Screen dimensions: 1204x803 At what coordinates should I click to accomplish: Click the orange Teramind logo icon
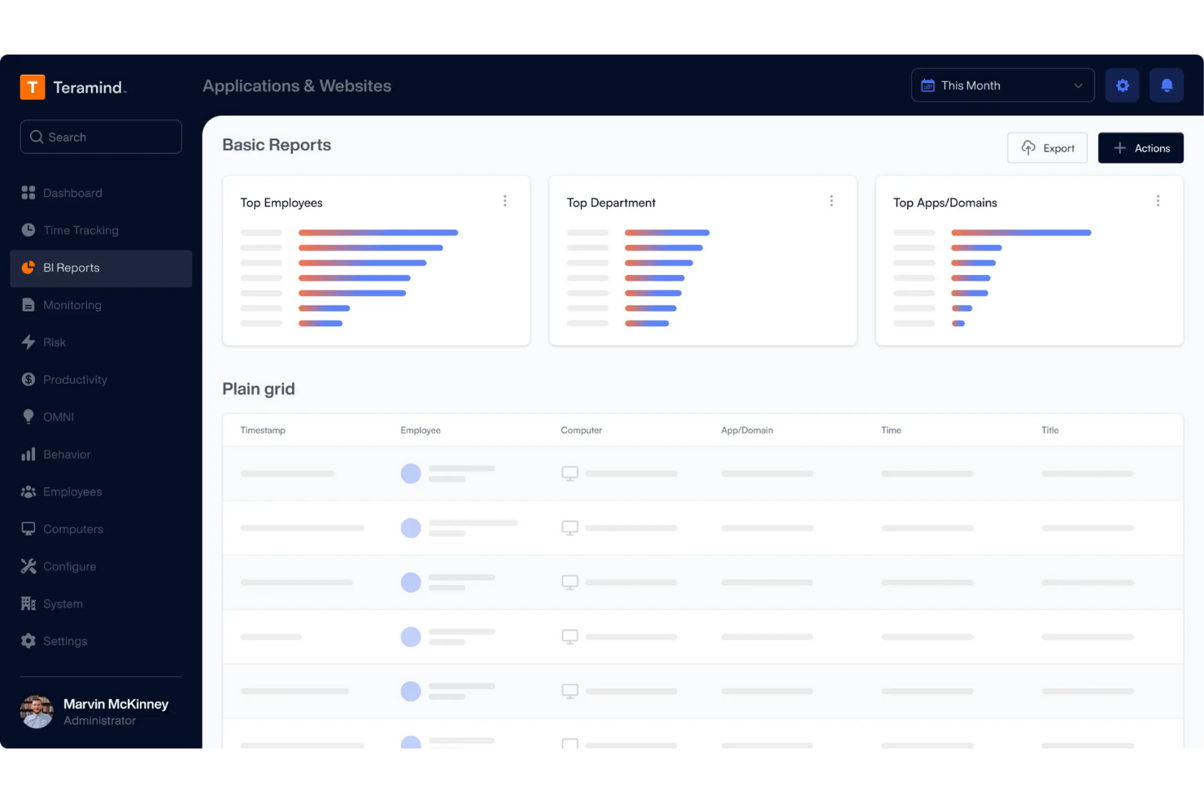(x=33, y=86)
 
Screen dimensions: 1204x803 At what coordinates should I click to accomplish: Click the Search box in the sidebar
(x=101, y=137)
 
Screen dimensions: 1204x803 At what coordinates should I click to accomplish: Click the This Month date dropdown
(x=1002, y=85)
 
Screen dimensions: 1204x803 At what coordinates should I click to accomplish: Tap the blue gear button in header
(x=1122, y=85)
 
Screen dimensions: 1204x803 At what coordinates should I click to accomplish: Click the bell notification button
(x=1167, y=85)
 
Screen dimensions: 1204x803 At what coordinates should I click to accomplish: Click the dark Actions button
(x=1141, y=148)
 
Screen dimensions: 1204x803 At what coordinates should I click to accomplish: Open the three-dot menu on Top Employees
(x=504, y=201)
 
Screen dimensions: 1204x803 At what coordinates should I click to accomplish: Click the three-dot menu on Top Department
(x=831, y=201)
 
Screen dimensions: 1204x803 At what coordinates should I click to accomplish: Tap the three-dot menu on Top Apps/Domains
(x=1158, y=201)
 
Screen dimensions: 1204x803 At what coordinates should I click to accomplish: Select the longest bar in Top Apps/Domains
(x=1021, y=233)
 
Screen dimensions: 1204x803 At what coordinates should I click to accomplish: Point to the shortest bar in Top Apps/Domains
(x=958, y=324)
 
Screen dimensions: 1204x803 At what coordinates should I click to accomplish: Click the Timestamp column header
(x=263, y=430)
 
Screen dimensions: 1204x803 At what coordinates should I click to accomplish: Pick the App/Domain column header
(x=747, y=430)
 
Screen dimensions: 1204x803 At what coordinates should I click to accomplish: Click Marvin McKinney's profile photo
(x=37, y=711)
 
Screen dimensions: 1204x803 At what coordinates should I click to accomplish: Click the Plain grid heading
(x=259, y=389)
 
